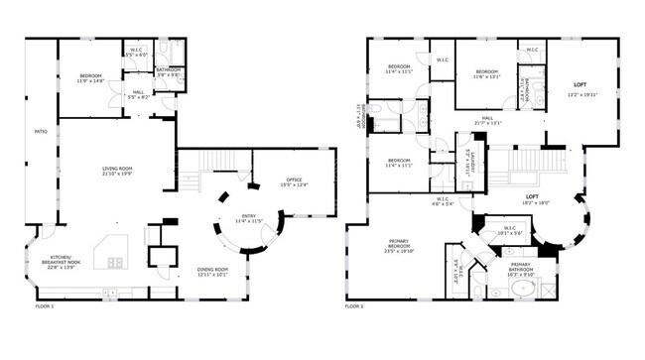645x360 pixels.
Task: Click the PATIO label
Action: [x=41, y=131]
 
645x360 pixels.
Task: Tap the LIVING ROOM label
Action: [x=118, y=171]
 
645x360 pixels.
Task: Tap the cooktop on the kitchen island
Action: [x=115, y=263]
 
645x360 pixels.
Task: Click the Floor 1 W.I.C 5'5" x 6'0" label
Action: [x=137, y=52]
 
